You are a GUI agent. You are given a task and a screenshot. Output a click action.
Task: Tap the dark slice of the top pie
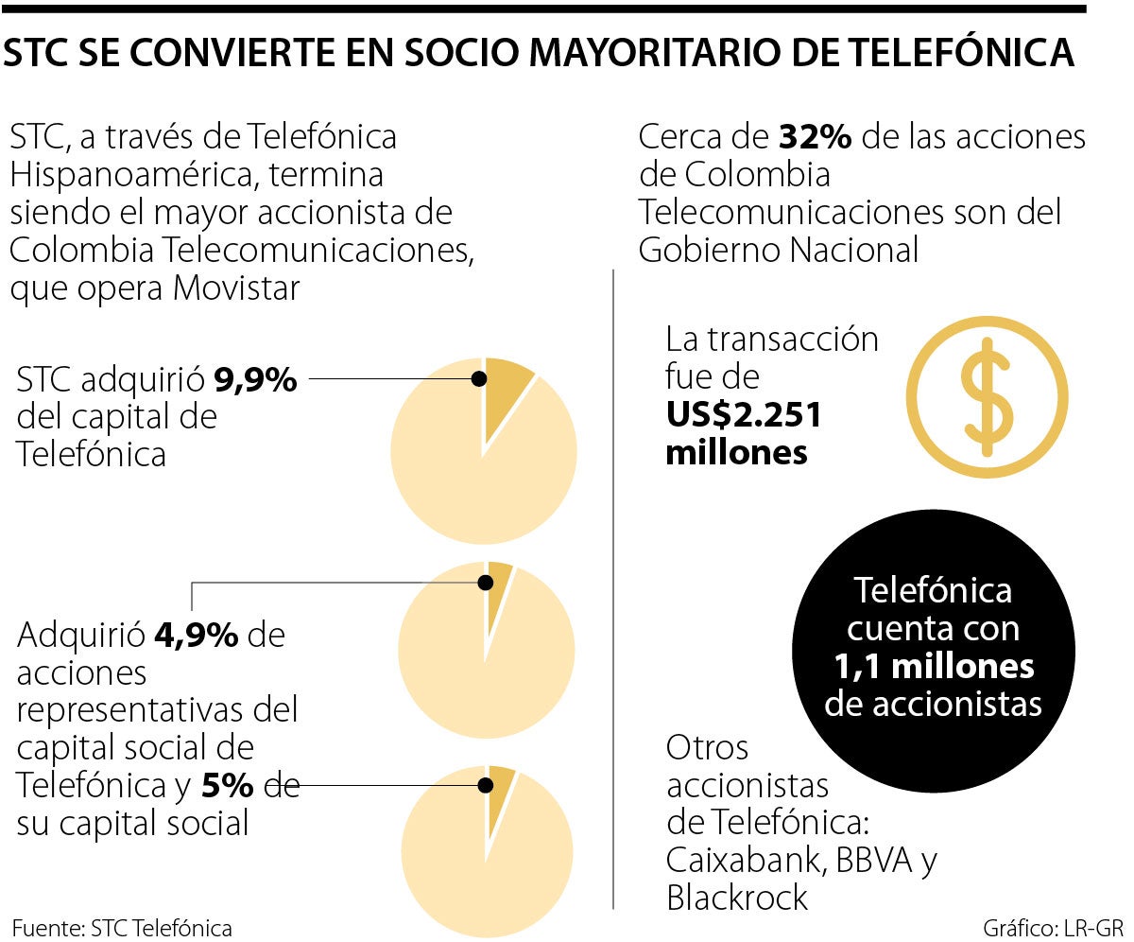[x=505, y=392]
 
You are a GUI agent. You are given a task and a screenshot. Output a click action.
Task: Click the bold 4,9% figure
[x=196, y=636]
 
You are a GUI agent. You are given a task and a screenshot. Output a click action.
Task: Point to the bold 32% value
[x=816, y=137]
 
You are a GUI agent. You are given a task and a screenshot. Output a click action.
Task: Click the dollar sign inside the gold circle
[x=986, y=396]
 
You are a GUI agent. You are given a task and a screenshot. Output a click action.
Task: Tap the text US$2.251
[x=744, y=415]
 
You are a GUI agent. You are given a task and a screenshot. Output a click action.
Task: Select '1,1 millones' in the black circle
[x=934, y=667]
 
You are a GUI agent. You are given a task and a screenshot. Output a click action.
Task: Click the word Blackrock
[x=737, y=898]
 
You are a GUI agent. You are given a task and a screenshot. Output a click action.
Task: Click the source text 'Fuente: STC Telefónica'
[x=122, y=927]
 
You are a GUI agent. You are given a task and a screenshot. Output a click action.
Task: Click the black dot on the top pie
[x=479, y=378]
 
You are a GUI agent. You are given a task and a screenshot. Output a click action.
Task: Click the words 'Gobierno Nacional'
[x=778, y=250]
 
